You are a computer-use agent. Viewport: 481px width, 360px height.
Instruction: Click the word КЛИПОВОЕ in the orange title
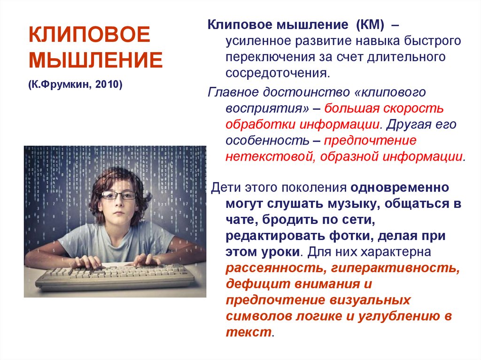pyautogui.click(x=89, y=34)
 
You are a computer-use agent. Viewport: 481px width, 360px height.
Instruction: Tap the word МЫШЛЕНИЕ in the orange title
pyautogui.click(x=95, y=60)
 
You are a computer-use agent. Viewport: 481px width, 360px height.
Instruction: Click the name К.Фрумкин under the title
pyautogui.click(x=60, y=84)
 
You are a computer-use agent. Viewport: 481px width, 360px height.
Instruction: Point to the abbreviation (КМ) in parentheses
pyautogui.click(x=370, y=24)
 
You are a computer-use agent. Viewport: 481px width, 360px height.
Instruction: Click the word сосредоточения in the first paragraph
pyautogui.click(x=278, y=73)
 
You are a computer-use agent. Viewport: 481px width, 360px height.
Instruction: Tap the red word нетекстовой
pyautogui.click(x=271, y=156)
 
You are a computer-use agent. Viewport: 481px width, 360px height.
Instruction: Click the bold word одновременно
pyautogui.click(x=400, y=187)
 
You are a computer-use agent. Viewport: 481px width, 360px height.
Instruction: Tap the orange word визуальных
pyautogui.click(x=370, y=300)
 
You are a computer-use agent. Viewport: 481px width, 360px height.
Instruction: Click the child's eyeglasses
pyautogui.click(x=118, y=195)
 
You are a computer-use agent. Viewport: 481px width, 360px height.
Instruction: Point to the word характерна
pyautogui.click(x=396, y=252)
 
